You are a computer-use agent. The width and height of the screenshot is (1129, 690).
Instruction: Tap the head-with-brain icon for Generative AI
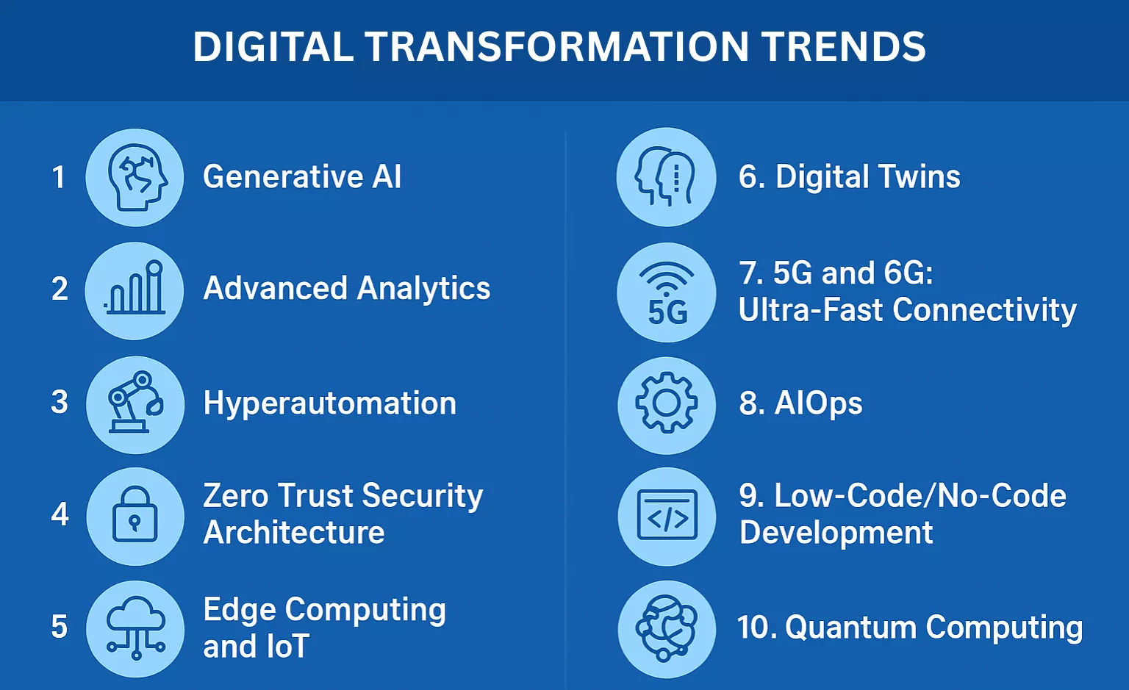tap(135, 177)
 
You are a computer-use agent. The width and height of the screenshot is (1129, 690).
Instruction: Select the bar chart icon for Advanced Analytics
tap(135, 290)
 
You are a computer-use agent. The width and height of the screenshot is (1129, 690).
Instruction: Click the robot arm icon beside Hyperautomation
tap(135, 403)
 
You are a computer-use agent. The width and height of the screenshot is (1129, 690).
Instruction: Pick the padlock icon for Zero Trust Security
tap(135, 516)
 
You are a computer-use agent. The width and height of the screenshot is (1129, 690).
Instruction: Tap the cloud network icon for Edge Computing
tap(135, 628)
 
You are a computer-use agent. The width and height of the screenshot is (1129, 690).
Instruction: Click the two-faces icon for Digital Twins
tap(666, 177)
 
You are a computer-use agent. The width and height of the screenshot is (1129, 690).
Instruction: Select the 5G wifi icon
tap(666, 292)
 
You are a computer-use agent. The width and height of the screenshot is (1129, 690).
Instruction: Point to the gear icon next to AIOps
tap(666, 403)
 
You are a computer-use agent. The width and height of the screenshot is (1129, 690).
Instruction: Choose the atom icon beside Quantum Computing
tap(666, 628)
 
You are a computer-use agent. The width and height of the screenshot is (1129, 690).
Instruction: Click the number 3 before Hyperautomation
tap(60, 403)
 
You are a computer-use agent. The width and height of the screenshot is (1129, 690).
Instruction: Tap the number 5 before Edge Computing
tap(60, 628)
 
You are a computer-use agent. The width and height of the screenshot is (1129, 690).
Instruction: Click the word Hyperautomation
tap(329, 403)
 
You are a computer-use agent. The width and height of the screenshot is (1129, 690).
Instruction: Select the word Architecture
tap(294, 533)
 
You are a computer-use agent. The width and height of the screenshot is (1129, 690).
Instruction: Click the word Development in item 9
tap(836, 533)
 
